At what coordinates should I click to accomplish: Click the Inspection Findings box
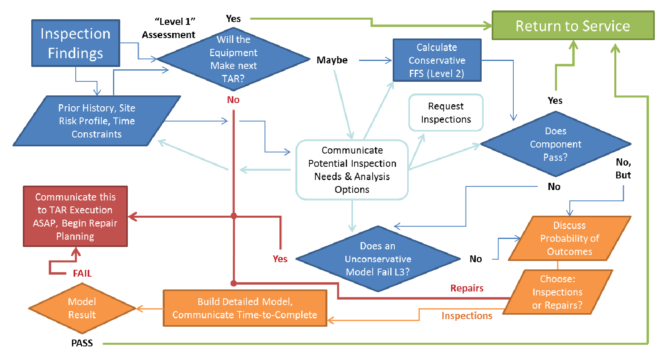[x=75, y=43]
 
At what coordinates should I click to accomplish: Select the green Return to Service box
[x=573, y=26]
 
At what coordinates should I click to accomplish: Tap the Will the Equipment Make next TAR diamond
[x=233, y=59]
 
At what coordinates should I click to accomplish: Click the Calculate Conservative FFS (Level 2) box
[x=437, y=60]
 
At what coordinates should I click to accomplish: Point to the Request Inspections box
[x=446, y=113]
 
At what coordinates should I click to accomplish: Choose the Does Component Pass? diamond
[x=555, y=144]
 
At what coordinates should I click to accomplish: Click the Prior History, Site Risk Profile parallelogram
[x=97, y=121]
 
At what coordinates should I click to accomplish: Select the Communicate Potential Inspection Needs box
[x=352, y=170]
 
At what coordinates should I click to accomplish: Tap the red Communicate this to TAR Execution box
[x=75, y=216]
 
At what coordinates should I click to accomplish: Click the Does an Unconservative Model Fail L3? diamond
[x=377, y=259]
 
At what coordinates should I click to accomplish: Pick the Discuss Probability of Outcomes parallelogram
[x=569, y=239]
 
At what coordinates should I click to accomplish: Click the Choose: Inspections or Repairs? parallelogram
[x=557, y=292]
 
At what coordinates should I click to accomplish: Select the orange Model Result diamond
[x=82, y=308]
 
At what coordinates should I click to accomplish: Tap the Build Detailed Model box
[x=245, y=308]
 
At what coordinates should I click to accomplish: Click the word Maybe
[x=332, y=60]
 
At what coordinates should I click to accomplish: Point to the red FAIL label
[x=82, y=273]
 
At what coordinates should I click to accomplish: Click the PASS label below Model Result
[x=82, y=343]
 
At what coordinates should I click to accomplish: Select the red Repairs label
[x=467, y=288]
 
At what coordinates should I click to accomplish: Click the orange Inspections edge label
[x=467, y=316]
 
